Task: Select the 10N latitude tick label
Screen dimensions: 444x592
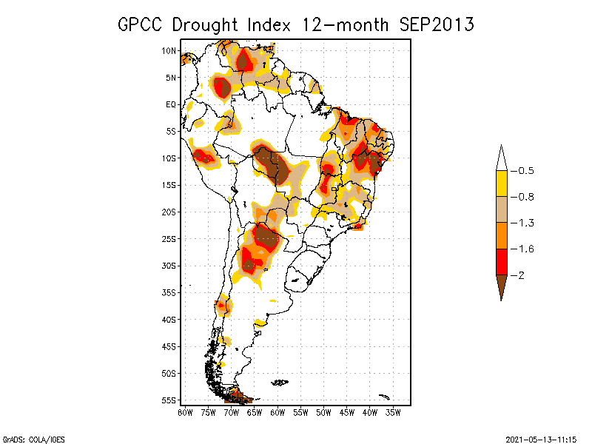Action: pyautogui.click(x=169, y=50)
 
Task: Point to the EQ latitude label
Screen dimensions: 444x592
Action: pyautogui.click(x=171, y=104)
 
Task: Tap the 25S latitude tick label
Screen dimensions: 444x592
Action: pyautogui.click(x=169, y=238)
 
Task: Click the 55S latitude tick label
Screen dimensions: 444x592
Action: pyautogui.click(x=169, y=400)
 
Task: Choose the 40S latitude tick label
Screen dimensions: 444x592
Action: pyautogui.click(x=169, y=319)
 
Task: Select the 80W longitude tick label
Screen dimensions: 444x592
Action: pyautogui.click(x=185, y=411)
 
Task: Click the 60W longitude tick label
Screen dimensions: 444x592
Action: pyautogui.click(x=277, y=411)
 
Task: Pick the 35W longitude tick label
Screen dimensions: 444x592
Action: pyautogui.click(x=394, y=411)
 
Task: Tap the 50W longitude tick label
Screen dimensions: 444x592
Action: pyautogui.click(x=324, y=411)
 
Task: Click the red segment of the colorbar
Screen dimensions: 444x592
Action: pyautogui.click(x=501, y=261)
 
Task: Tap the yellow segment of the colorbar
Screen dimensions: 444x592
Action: pyautogui.click(x=501, y=184)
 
